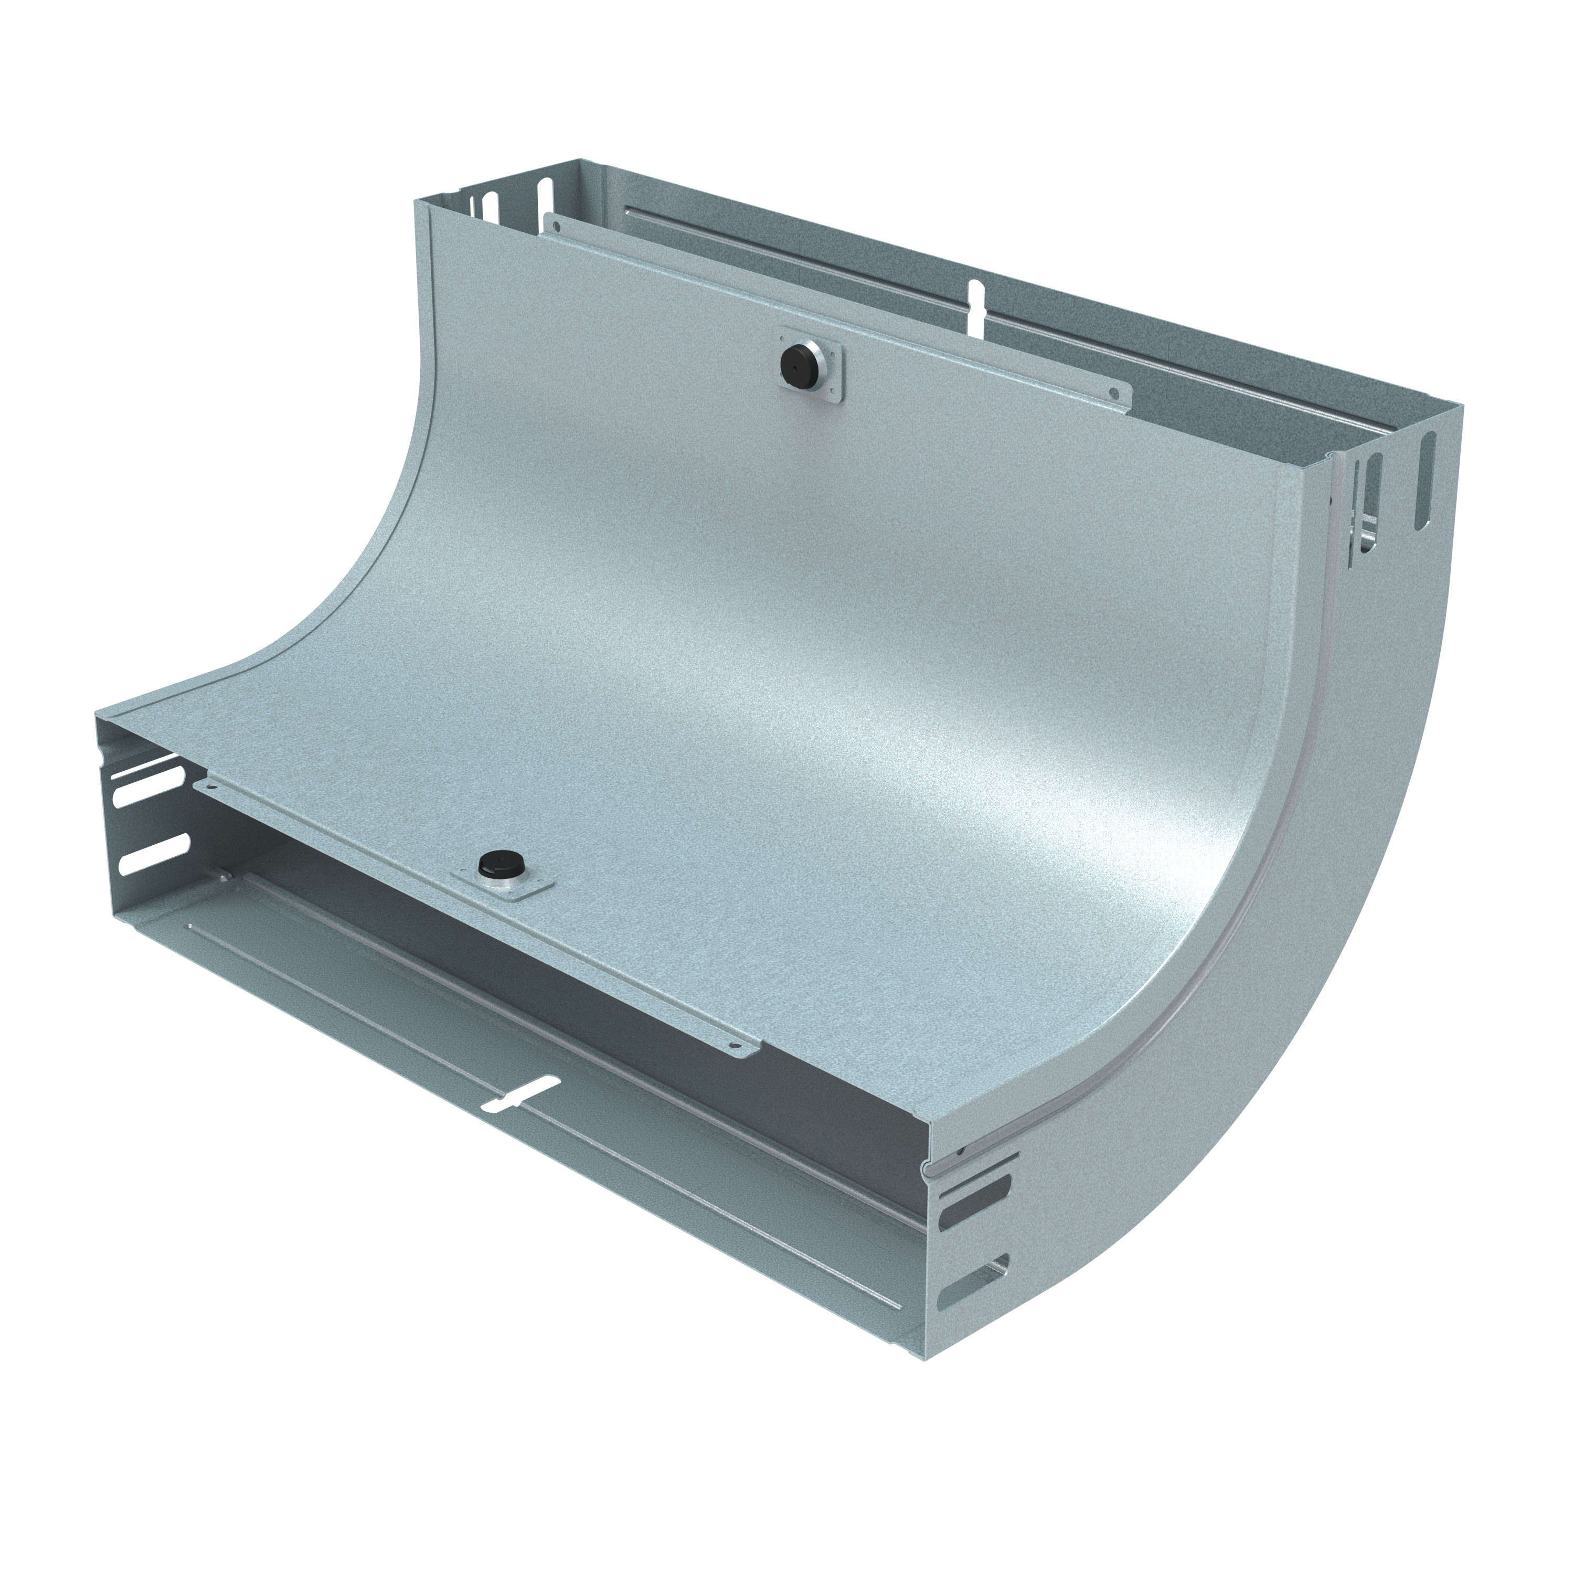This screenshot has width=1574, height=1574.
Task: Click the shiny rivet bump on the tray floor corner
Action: click(x=222, y=878)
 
